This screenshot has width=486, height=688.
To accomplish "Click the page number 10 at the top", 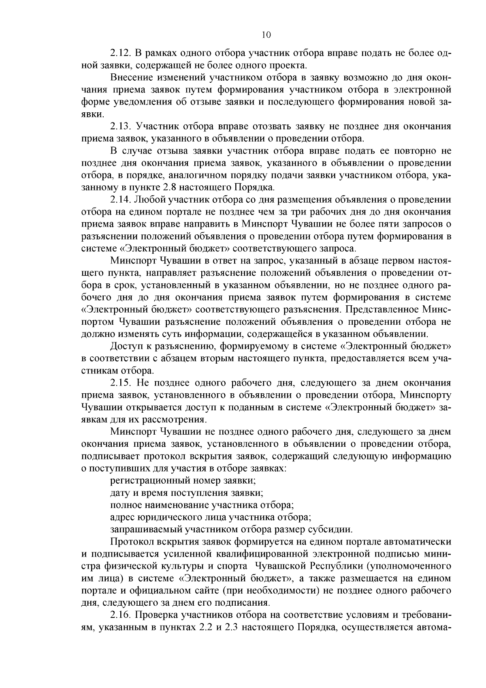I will [x=266, y=35].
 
